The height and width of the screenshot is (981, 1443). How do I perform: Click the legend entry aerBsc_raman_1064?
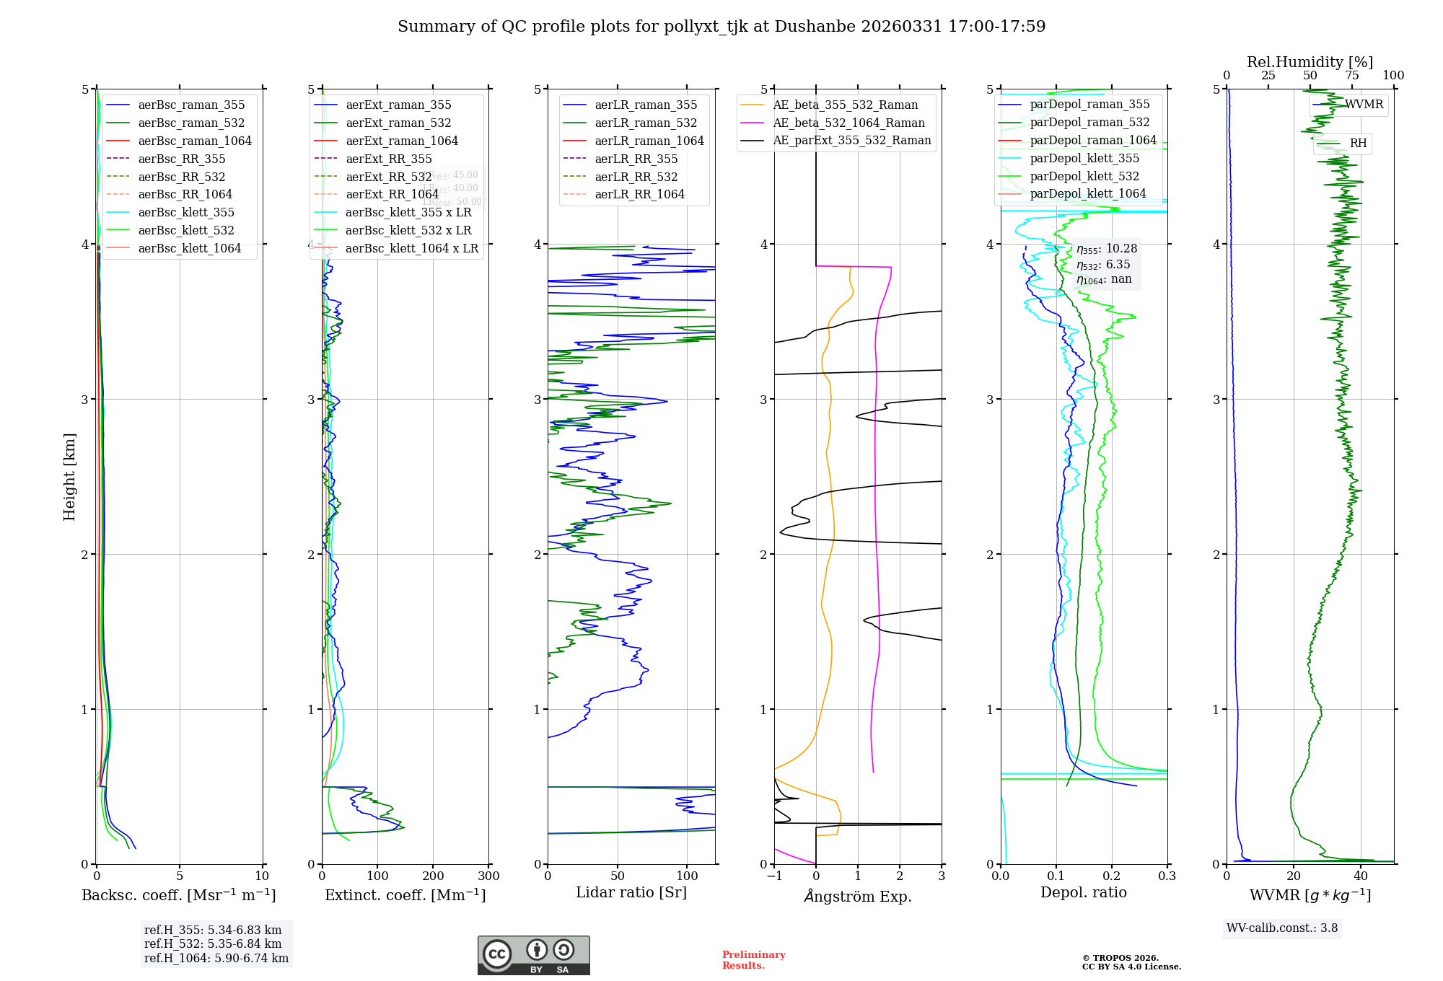click(x=195, y=141)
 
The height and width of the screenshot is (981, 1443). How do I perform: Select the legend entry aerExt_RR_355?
click(x=389, y=159)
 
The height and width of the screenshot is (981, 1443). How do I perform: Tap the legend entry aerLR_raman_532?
click(x=646, y=123)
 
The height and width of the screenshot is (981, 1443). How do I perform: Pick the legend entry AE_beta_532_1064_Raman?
click(x=848, y=123)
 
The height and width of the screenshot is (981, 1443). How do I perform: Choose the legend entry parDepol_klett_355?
click(x=1084, y=158)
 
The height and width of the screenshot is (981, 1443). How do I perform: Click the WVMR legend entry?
click(x=1364, y=105)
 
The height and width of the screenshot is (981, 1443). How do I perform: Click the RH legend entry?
click(x=1358, y=144)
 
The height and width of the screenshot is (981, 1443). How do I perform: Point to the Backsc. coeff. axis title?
click(x=179, y=895)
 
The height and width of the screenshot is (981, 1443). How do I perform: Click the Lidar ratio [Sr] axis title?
click(x=631, y=892)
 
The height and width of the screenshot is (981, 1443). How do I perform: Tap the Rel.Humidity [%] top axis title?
click(x=1310, y=62)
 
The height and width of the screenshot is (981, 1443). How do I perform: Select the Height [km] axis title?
click(x=69, y=477)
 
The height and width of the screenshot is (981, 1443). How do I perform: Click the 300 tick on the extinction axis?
click(x=488, y=876)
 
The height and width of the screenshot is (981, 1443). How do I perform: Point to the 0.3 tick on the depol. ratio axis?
click(x=1167, y=876)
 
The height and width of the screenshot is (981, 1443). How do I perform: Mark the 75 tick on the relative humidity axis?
click(x=1351, y=76)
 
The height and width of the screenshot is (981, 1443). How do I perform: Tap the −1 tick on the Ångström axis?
click(x=774, y=876)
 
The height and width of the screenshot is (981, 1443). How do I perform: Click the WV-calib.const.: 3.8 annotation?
click(x=1282, y=928)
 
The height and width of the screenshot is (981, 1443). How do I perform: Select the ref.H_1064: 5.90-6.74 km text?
click(x=216, y=959)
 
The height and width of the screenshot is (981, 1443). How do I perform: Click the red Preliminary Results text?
click(x=753, y=960)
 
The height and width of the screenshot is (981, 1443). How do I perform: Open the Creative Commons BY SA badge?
click(x=533, y=955)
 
